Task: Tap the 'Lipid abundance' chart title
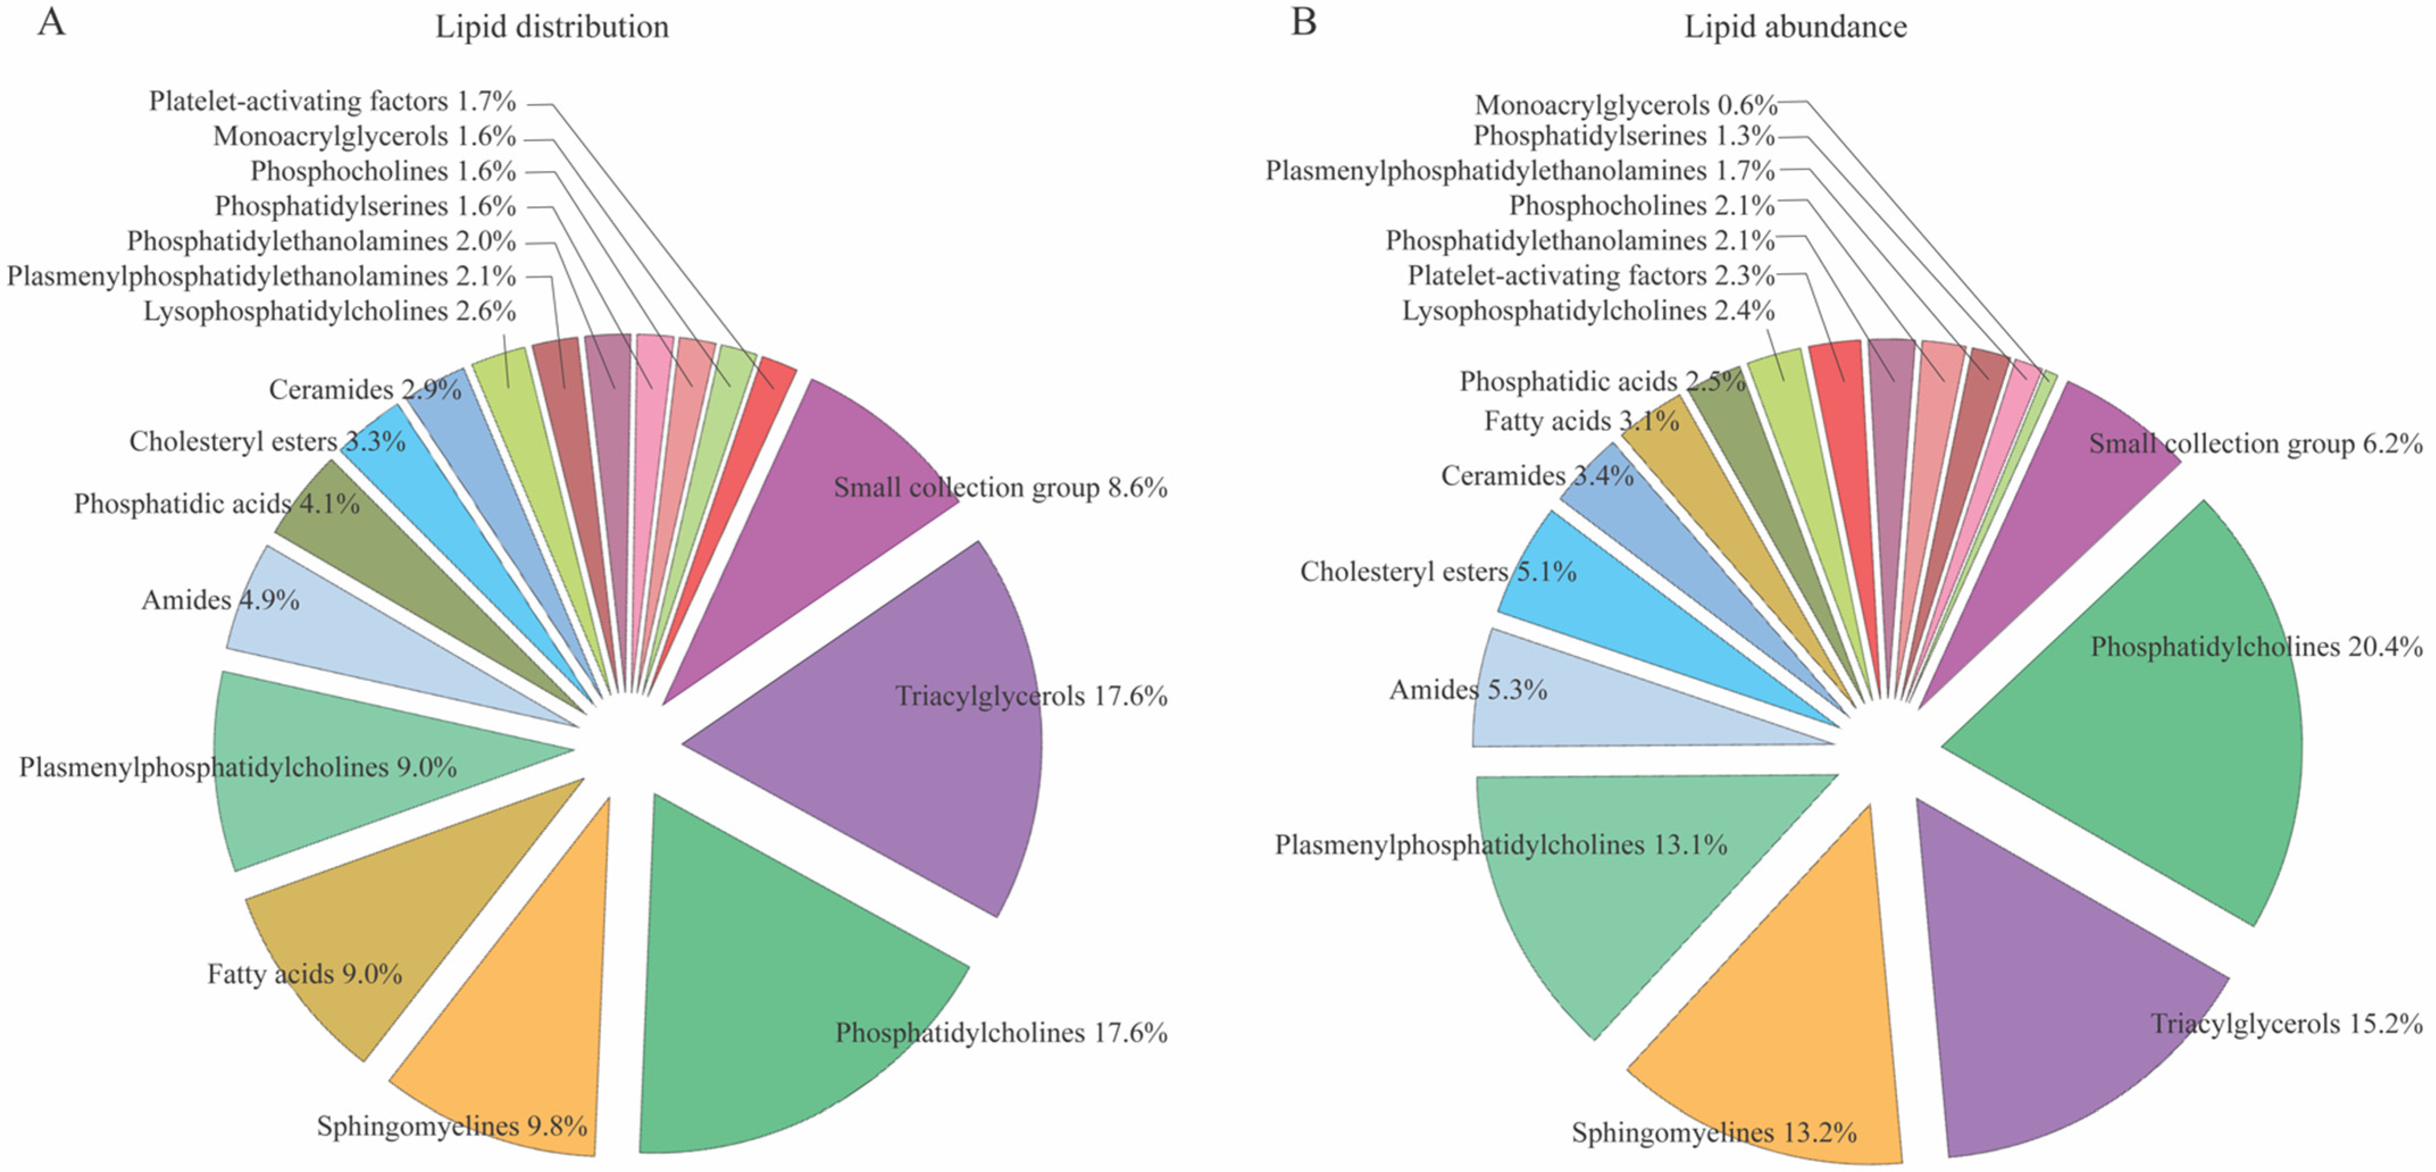[x=1795, y=27]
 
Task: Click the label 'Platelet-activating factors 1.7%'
[x=332, y=101]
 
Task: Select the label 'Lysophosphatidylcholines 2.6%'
[x=329, y=311]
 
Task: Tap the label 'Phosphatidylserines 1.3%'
[x=1623, y=136]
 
